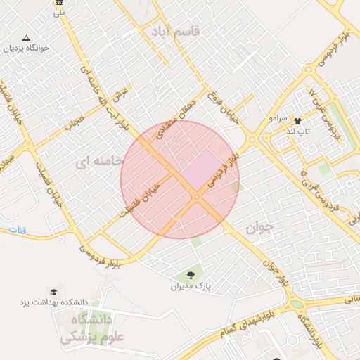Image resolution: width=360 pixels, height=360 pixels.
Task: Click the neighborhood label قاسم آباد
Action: (x=175, y=32)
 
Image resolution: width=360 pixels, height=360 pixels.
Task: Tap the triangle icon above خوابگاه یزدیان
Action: (x=27, y=38)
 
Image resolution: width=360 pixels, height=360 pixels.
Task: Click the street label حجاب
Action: (x=75, y=125)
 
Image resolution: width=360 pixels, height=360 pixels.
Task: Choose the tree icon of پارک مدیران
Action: (x=190, y=274)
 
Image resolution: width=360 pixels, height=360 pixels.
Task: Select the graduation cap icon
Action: (x=53, y=291)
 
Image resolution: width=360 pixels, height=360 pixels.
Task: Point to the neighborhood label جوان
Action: (x=258, y=229)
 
